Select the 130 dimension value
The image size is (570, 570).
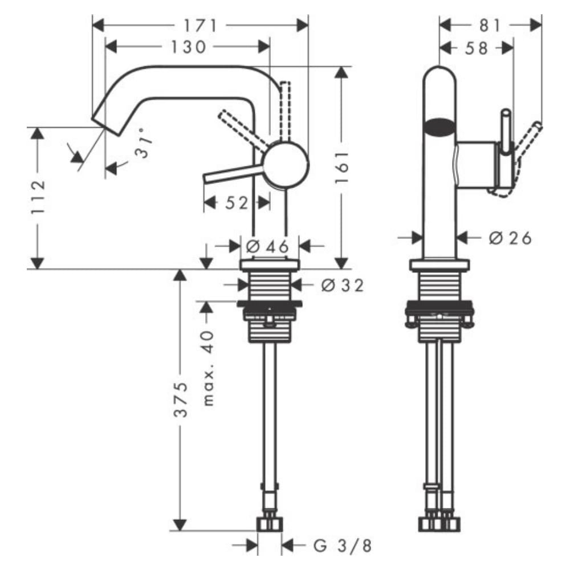[188, 47]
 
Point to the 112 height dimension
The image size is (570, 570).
[38, 197]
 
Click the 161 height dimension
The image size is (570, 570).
[341, 167]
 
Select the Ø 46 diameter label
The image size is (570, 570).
[268, 246]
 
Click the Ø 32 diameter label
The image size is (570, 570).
[341, 284]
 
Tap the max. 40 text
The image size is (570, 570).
[209, 368]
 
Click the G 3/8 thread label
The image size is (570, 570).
[343, 545]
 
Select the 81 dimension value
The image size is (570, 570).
[489, 25]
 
